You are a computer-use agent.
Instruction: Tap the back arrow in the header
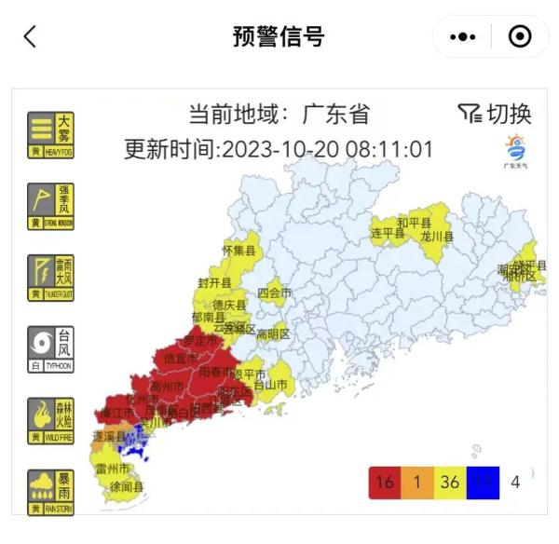30,36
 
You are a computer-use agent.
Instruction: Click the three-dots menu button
463,36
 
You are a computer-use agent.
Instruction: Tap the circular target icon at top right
520,36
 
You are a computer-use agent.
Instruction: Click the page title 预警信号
279,36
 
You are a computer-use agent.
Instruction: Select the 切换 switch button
496,114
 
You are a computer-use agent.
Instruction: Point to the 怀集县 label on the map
239,250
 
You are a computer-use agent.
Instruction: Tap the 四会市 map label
275,292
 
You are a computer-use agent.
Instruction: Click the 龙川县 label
436,237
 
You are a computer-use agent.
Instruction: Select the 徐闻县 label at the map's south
126,486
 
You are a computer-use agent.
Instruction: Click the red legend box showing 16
384,482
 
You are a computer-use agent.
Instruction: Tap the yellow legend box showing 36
449,482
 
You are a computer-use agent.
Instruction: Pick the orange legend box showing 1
416,482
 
